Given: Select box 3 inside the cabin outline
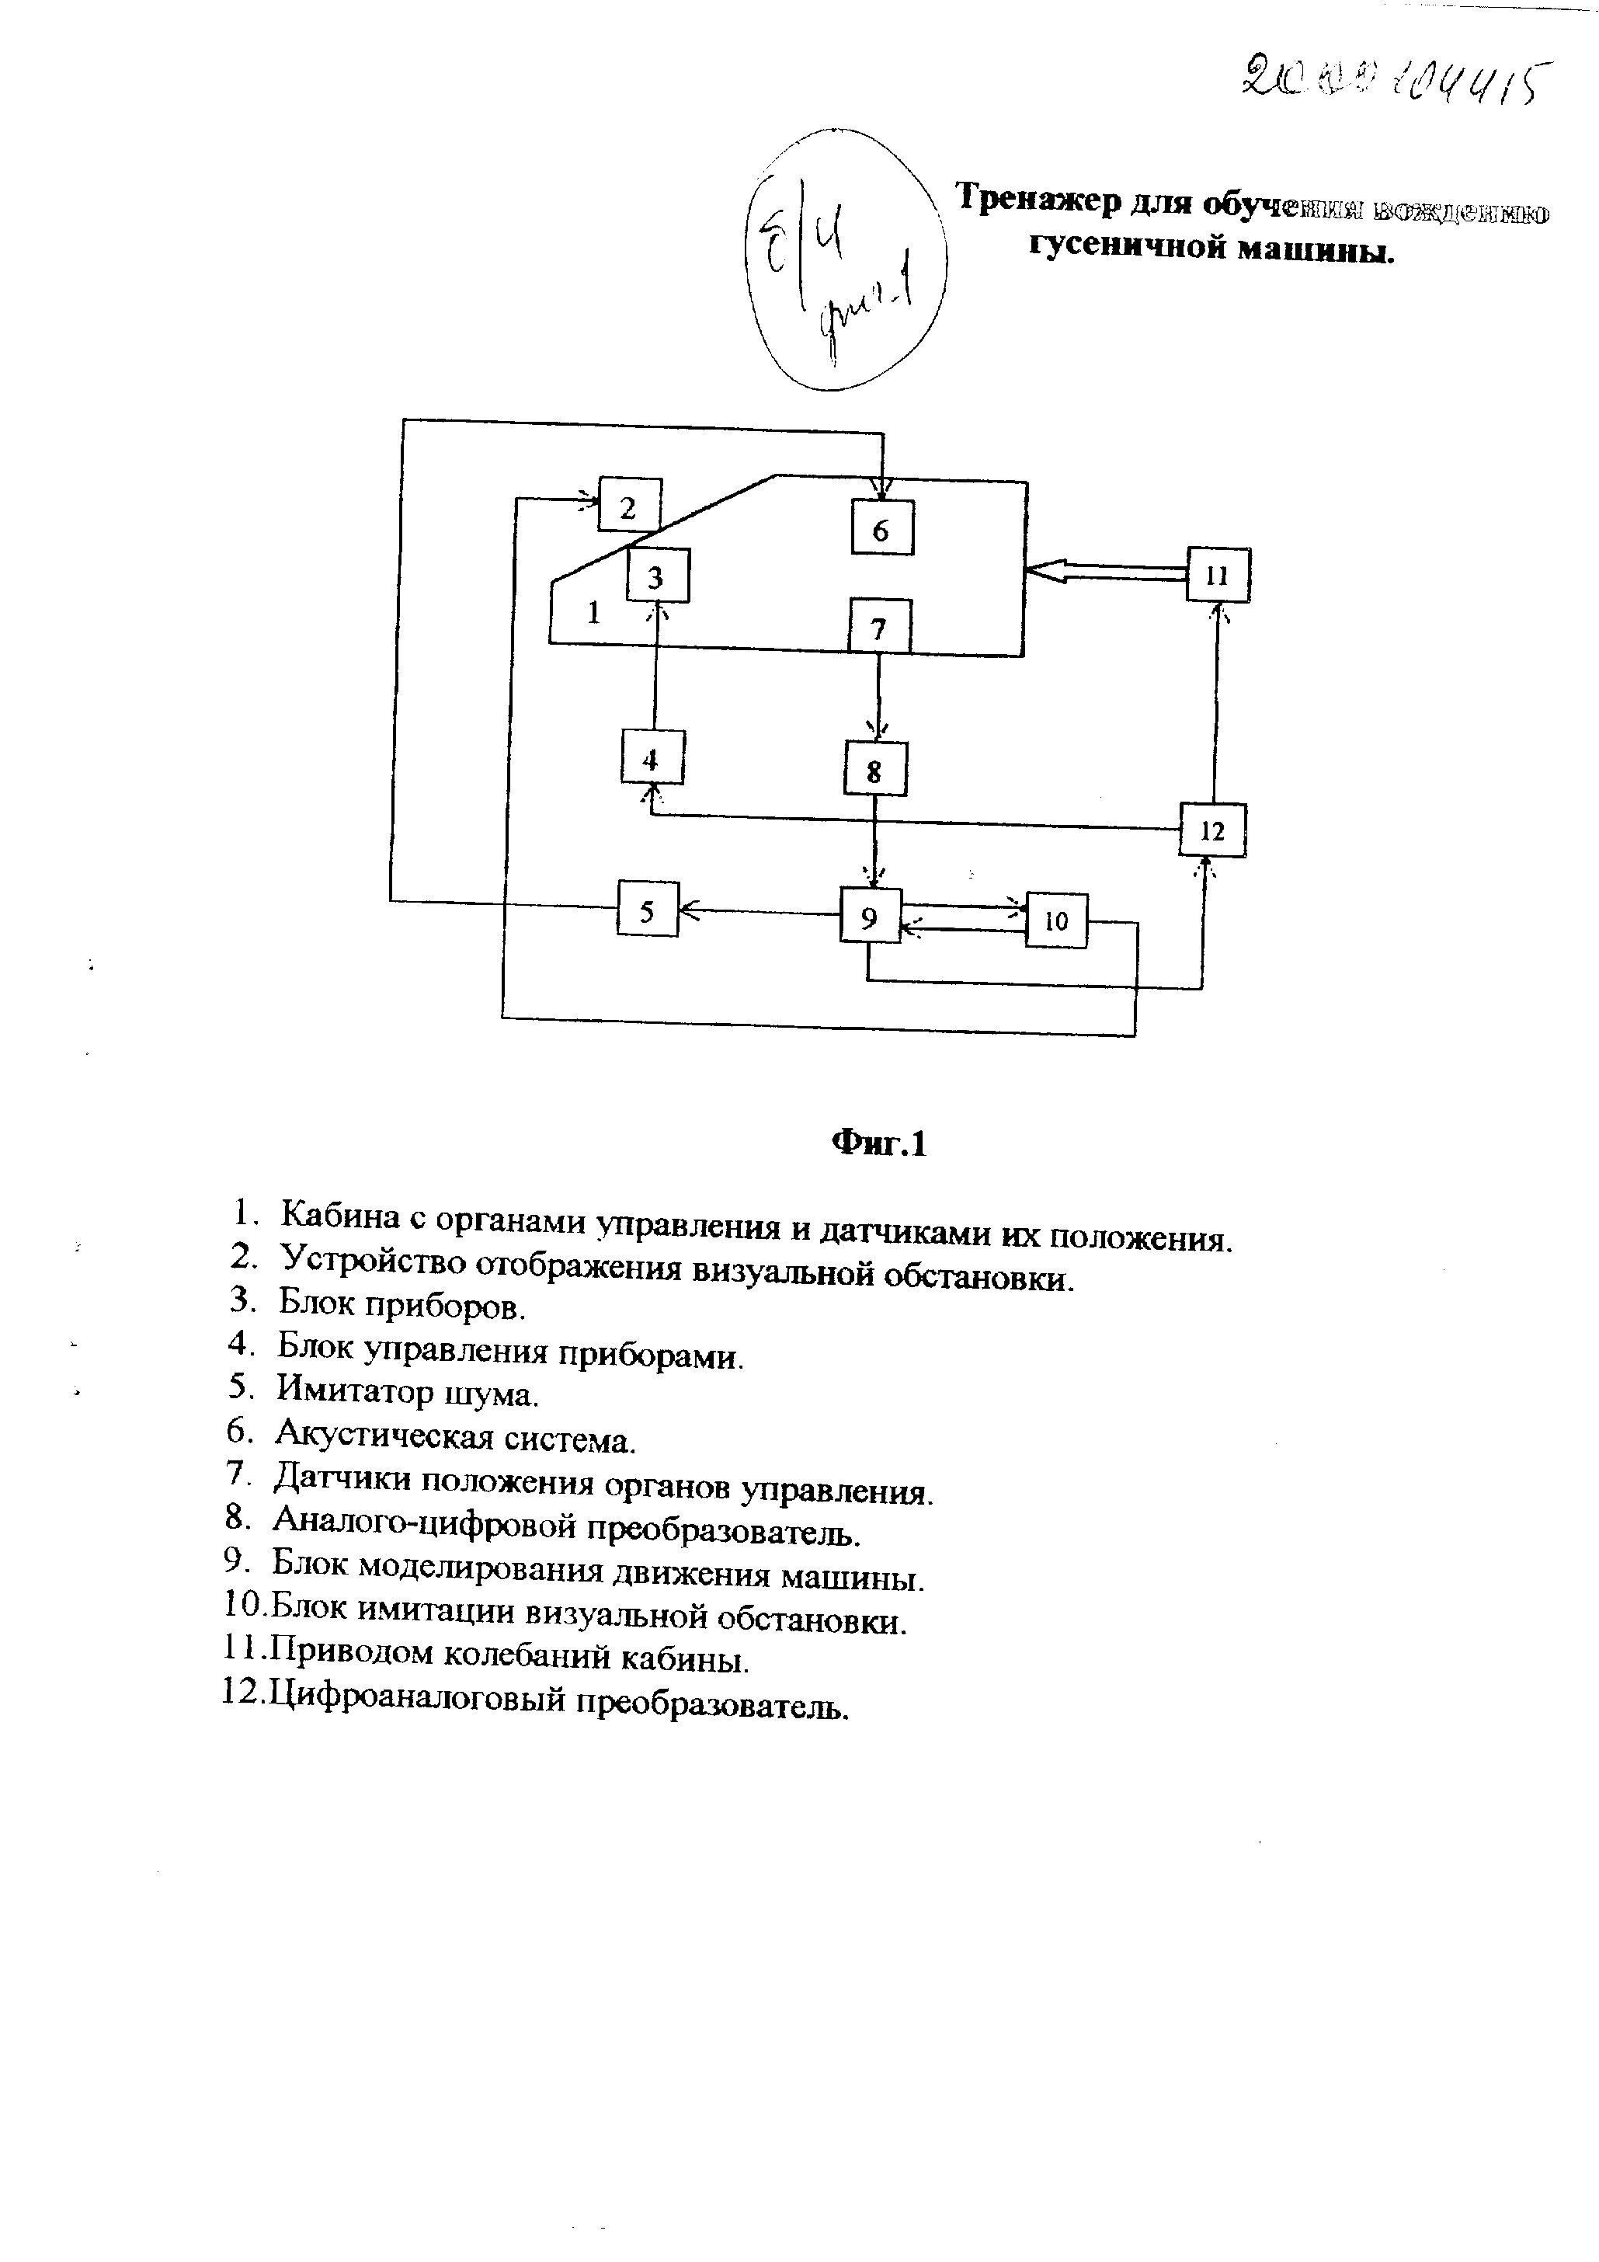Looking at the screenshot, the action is pos(657,577).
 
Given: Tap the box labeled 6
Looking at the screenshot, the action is pos(881,529).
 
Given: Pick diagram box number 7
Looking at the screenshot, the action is pos(880,627).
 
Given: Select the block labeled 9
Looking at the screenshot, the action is pos(870,917).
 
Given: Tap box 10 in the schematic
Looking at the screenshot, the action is pos(1056,921).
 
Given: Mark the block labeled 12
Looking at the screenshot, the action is pos(1213,830).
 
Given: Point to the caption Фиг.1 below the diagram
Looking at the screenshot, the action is pos(879,1143).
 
